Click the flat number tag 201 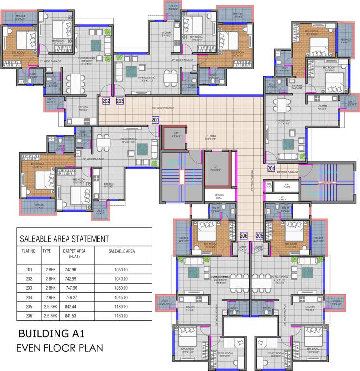[155, 120]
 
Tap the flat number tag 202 [106, 101]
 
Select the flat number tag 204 [272, 168]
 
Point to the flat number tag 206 [244, 235]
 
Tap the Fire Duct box [268, 185]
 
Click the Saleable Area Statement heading [64, 239]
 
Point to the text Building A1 [54, 334]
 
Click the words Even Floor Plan [59, 348]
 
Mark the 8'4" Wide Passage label [163, 108]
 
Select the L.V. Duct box [282, 198]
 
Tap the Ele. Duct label [287, 185]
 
